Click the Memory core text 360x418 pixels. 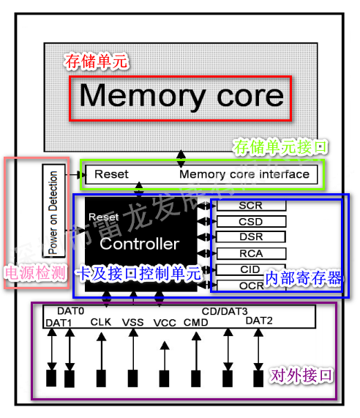click(181, 96)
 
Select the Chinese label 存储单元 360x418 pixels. click(97, 61)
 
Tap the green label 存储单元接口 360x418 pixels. click(280, 147)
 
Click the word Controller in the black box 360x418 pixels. click(139, 244)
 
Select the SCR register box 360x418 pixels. click(250, 206)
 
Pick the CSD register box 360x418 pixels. click(250, 221)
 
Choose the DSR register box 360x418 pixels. click(250, 237)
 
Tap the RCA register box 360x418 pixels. click(250, 253)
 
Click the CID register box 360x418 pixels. click(250, 269)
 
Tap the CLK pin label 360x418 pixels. click(100, 321)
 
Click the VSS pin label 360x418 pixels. click(133, 321)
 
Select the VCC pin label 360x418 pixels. click(165, 322)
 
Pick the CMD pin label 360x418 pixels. click(195, 321)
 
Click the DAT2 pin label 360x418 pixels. click(258, 321)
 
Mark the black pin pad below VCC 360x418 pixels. click(165, 378)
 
